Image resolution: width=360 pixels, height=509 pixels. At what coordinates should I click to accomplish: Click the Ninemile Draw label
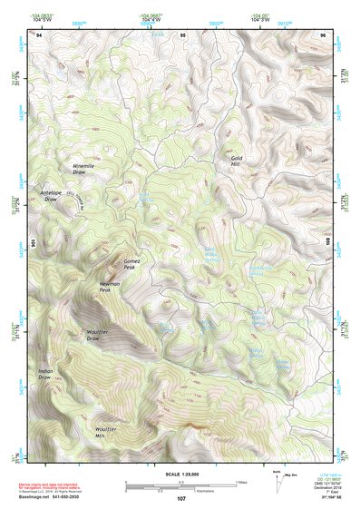[83, 168]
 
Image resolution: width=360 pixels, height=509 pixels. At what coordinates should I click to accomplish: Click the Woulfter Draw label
[99, 336]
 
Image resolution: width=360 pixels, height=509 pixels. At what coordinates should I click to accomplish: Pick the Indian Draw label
[46, 374]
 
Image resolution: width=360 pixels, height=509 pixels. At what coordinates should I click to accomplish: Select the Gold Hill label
[238, 162]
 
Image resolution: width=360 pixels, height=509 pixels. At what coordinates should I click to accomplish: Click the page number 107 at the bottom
[181, 499]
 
